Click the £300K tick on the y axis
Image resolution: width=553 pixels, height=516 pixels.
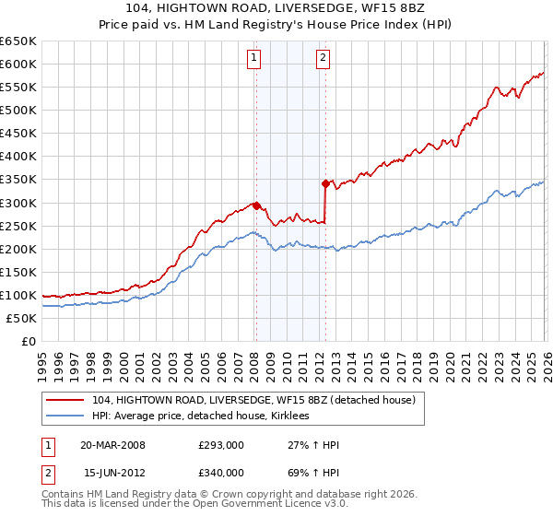coord(18,203)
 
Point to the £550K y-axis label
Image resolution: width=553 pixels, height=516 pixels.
coord(18,88)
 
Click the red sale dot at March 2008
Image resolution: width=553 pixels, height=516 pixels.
coord(256,205)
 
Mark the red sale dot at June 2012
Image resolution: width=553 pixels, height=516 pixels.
coord(325,184)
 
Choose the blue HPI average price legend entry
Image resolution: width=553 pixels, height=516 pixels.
coord(204,416)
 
